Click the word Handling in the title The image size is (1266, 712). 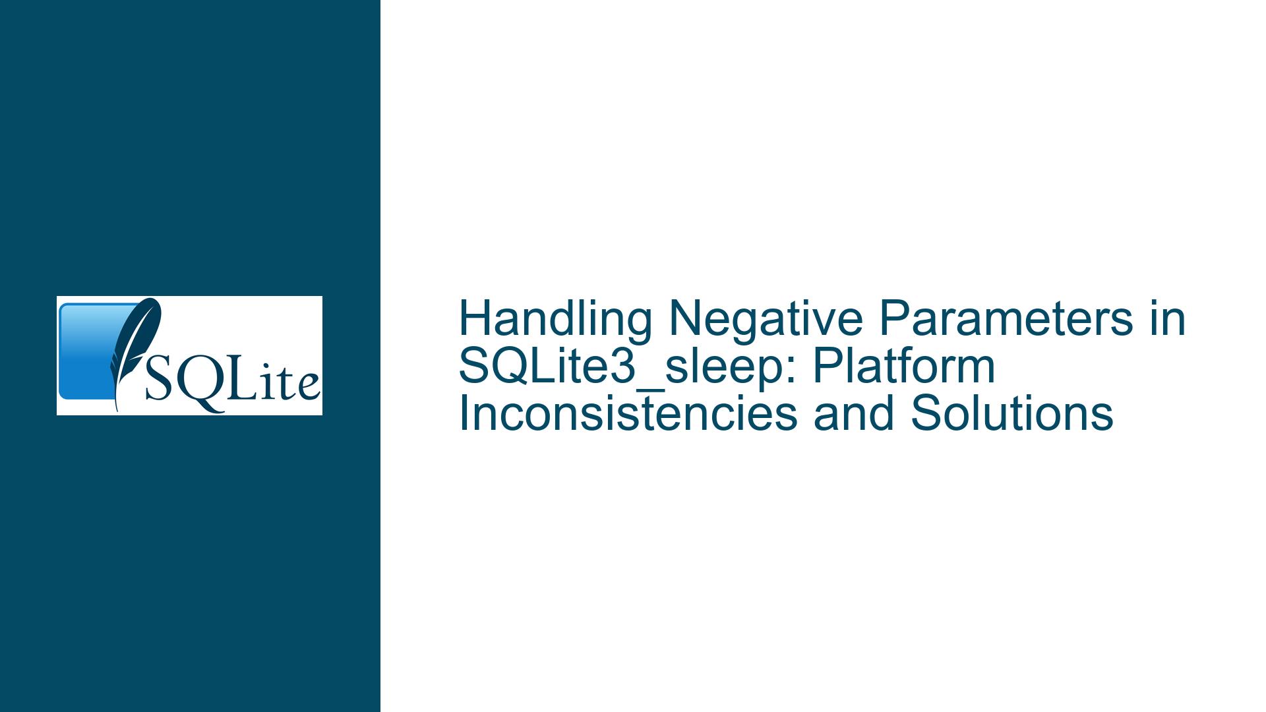coord(556,319)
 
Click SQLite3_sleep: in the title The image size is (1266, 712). coord(627,367)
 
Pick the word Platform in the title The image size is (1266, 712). coord(904,367)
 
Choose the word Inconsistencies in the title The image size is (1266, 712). coord(628,414)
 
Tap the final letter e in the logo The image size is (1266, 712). coord(308,388)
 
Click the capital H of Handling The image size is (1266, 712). coord(475,319)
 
